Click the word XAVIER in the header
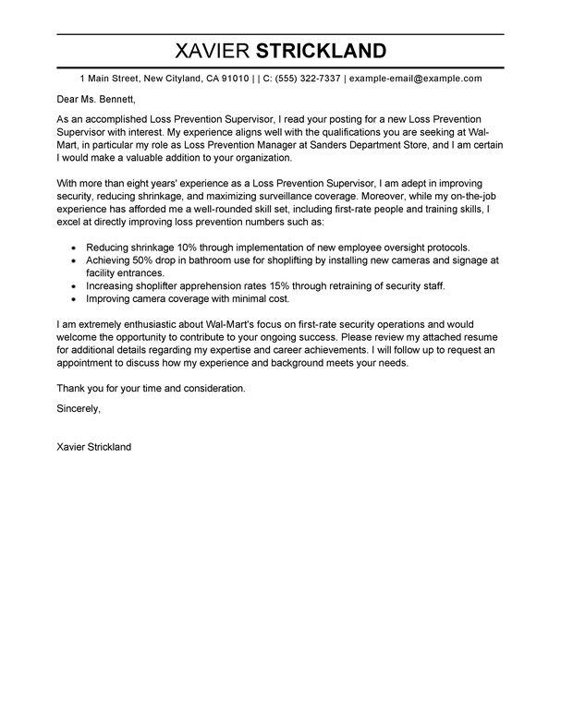(217, 49)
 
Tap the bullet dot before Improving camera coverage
(73, 300)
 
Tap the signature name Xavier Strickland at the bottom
(94, 447)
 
